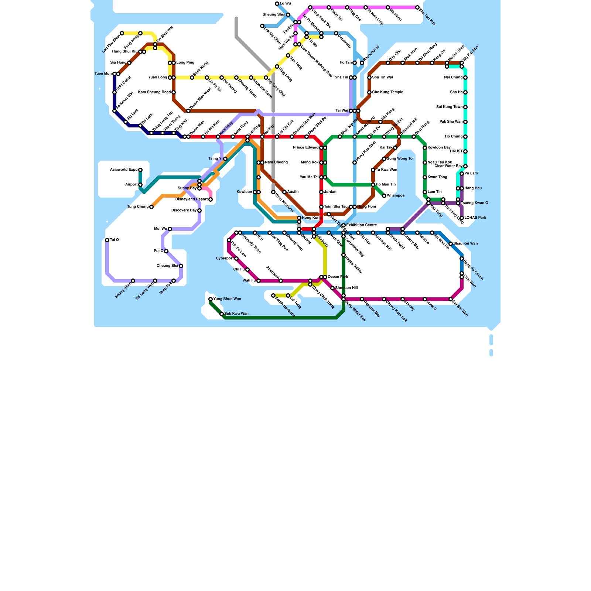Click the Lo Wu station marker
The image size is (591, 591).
point(277,4)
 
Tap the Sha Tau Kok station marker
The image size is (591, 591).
point(417,7)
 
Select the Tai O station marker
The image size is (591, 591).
point(107,240)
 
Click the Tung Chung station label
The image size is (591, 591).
point(138,207)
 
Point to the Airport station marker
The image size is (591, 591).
point(140,185)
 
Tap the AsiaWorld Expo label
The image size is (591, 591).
point(124,170)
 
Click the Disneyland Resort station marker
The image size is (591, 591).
point(211,199)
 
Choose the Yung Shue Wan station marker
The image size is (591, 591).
point(211,299)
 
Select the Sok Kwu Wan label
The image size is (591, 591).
point(236,314)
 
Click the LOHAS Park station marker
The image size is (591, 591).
point(462,218)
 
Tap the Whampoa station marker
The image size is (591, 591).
point(384,196)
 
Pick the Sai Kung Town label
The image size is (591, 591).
point(449,107)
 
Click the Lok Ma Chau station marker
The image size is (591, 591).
point(262,26)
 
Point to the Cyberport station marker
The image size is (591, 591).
point(236,259)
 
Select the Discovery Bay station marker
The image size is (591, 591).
point(199,211)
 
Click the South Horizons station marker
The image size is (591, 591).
point(273,295)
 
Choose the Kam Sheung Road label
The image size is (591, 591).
point(154,92)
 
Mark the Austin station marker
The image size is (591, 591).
point(284,192)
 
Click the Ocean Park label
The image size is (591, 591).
point(338,277)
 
